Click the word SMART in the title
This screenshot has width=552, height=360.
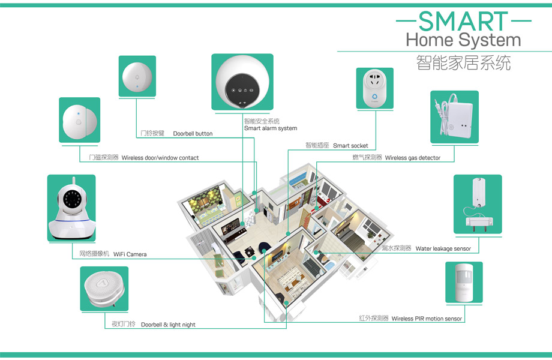point(463,22)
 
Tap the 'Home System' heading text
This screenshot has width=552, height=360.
point(463,41)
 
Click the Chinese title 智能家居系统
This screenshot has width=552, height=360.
point(463,63)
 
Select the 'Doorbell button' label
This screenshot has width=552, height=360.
point(193,133)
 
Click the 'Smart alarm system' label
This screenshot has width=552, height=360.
point(271,128)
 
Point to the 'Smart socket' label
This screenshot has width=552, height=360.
point(350,146)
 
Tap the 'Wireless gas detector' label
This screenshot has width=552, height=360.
point(412,158)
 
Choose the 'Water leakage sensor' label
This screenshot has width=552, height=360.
point(443,248)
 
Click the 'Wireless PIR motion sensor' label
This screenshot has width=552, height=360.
point(427,319)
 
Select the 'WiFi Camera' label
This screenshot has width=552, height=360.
point(130,254)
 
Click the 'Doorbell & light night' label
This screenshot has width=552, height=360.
point(168,325)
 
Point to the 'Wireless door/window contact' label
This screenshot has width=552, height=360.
point(160,158)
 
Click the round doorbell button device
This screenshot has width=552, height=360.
point(137,76)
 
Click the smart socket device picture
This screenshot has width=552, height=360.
point(374,88)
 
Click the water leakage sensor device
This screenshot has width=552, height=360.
point(477,204)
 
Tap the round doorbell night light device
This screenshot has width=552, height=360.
point(104,289)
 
